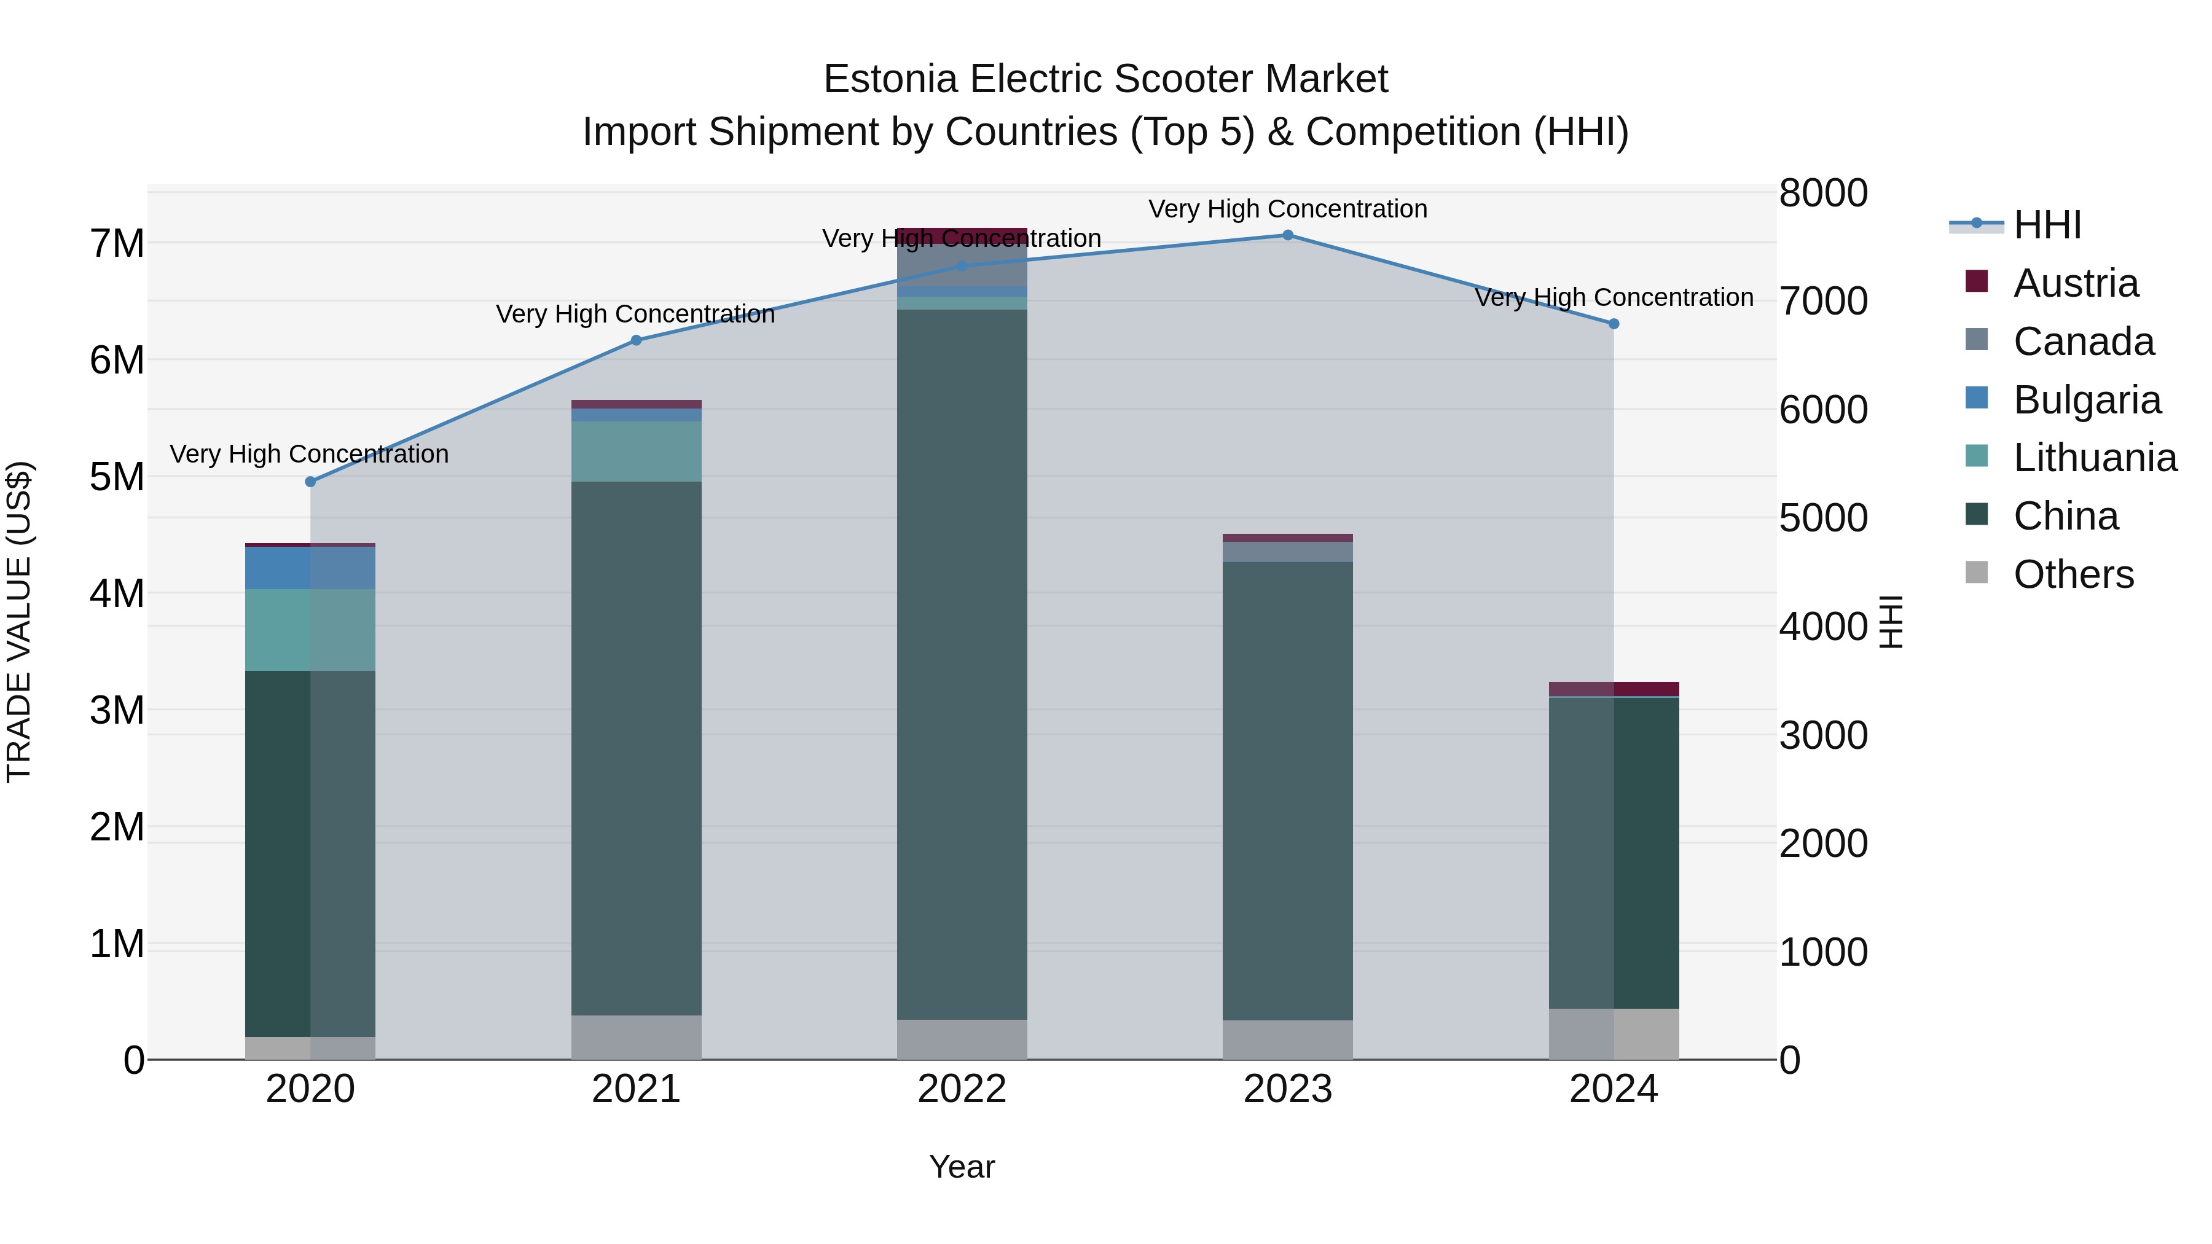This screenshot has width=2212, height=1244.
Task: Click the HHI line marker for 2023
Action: click(1287, 235)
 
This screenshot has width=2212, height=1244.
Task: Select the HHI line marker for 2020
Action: click(311, 482)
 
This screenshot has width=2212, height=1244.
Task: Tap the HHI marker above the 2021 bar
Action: click(637, 340)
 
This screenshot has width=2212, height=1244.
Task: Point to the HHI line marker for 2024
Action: click(1614, 324)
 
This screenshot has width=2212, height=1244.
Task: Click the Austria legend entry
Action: click(2074, 283)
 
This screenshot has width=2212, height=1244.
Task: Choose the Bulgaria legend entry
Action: click(2086, 400)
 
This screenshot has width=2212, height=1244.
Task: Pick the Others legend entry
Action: click(2073, 574)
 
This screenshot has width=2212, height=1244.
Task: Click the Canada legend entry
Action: click(2083, 342)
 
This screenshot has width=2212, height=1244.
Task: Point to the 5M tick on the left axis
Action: click(117, 477)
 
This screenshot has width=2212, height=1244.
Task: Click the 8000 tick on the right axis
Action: click(1823, 193)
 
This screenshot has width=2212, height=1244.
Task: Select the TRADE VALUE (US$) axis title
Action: click(20, 622)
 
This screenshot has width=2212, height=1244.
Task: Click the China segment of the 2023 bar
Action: click(1287, 790)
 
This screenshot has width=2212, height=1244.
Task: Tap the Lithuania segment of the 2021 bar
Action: click(637, 452)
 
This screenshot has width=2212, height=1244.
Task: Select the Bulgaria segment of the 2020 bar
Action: click(311, 568)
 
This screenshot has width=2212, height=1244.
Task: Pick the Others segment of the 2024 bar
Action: click(1614, 1034)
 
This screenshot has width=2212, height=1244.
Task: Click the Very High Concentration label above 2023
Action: click(1287, 209)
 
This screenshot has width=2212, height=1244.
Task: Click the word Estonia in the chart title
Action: click(890, 80)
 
